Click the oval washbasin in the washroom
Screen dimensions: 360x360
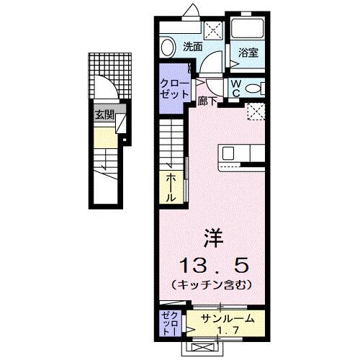[168, 48]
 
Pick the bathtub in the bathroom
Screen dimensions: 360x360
[248, 29]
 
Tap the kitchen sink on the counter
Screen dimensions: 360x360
[228, 153]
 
